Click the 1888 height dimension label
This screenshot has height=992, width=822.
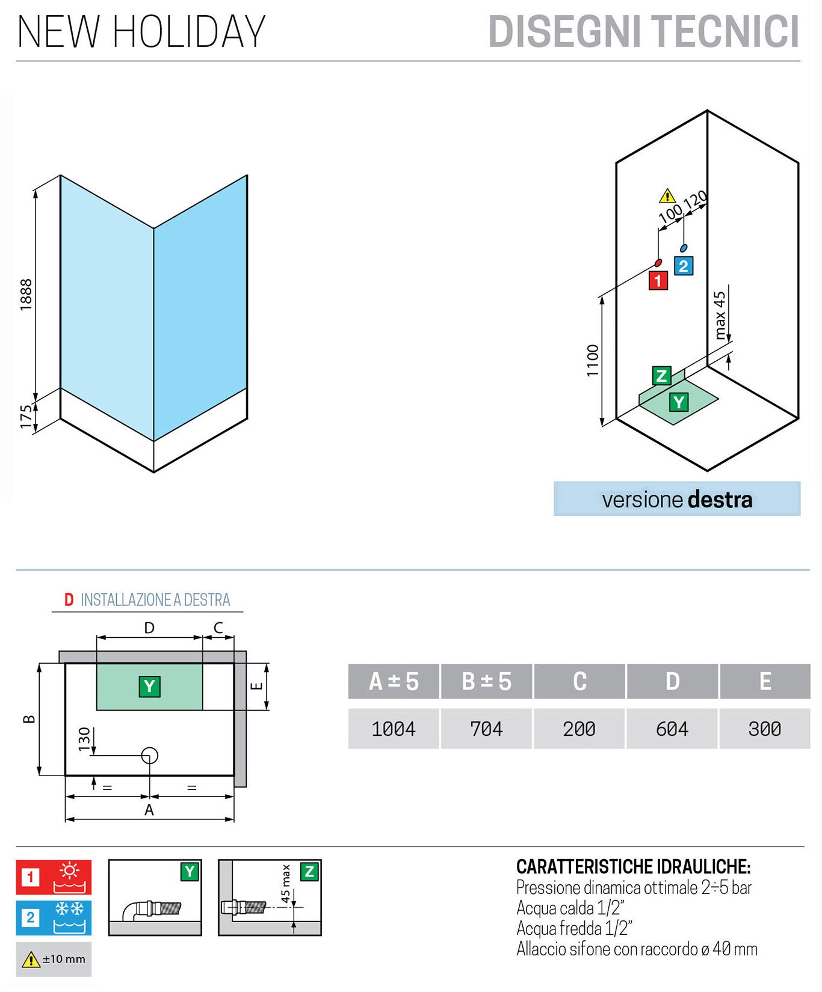(x=26, y=295)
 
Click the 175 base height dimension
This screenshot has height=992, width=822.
(x=26, y=417)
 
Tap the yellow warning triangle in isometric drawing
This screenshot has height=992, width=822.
(x=667, y=197)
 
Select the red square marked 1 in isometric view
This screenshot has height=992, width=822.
(x=658, y=280)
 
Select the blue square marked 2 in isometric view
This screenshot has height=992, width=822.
(x=683, y=266)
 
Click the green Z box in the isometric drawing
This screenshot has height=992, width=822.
(x=661, y=376)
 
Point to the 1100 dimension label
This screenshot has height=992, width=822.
(x=593, y=361)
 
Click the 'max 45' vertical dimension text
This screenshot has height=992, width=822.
(x=720, y=316)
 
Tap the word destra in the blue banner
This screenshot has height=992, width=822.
(x=719, y=500)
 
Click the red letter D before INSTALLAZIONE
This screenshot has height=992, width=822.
(x=69, y=600)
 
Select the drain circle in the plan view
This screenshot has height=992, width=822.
(x=149, y=755)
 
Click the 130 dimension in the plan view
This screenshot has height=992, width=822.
(x=84, y=738)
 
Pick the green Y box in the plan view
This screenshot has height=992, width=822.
(x=149, y=686)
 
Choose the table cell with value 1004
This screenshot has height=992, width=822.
(x=394, y=729)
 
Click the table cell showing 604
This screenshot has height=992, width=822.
(x=672, y=729)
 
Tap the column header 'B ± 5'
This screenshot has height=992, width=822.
(x=486, y=682)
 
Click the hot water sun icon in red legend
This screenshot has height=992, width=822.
(x=70, y=871)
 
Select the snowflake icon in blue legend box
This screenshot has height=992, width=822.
(x=70, y=909)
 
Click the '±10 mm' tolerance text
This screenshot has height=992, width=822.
(x=64, y=959)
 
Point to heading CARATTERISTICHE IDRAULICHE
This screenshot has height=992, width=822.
(x=633, y=866)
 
